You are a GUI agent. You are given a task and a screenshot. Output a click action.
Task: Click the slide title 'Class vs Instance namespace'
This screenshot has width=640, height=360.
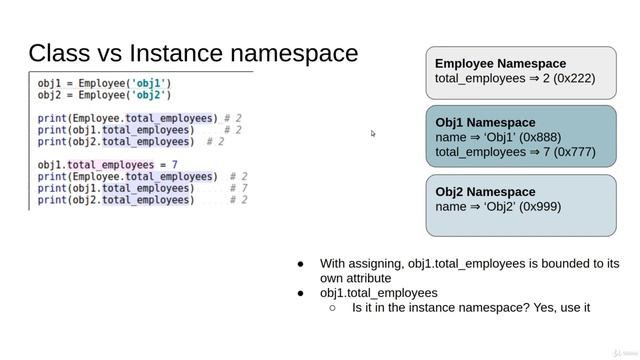click(193, 52)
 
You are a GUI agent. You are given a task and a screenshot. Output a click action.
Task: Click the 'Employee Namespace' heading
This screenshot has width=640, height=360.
click(500, 63)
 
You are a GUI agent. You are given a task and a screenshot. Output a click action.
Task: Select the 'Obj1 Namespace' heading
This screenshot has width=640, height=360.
click(485, 122)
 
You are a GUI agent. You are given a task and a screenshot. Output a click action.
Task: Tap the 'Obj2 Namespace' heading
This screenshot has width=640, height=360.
click(485, 191)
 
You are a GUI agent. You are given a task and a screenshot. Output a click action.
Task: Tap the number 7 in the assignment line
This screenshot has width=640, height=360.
click(174, 165)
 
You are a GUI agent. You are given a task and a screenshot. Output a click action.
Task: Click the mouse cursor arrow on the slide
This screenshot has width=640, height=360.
click(373, 133)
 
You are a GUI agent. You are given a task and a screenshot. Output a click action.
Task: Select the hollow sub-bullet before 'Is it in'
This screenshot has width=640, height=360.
click(332, 308)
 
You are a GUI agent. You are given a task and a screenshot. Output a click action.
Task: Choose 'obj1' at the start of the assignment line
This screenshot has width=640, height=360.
click(51, 165)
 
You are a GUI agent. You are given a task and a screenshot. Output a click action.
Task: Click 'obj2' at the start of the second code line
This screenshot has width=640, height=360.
click(51, 95)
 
